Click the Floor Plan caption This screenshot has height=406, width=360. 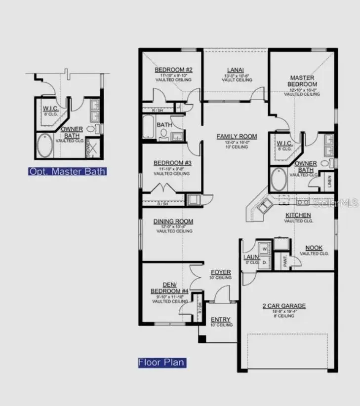[x=162, y=363]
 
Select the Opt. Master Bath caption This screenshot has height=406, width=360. [x=67, y=172]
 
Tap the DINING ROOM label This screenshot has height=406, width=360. [x=173, y=221]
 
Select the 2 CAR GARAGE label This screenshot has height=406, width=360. [x=283, y=306]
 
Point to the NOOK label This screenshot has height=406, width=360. [x=314, y=248]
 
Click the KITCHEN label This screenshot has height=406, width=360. [x=298, y=215]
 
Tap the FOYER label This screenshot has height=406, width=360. [x=221, y=272]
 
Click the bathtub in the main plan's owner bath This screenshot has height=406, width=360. [x=279, y=181]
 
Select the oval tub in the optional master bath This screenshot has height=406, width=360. [x=45, y=146]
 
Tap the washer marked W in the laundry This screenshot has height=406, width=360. [x=264, y=248]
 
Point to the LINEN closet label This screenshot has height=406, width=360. [x=329, y=182]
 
